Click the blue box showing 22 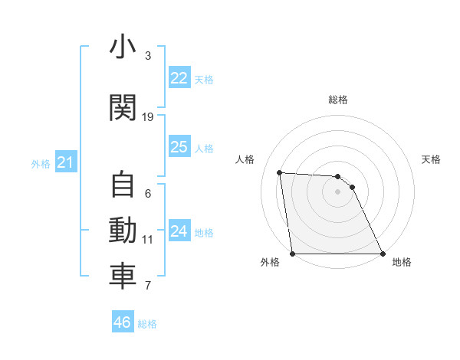coord(179,78)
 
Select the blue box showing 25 coord(179,147)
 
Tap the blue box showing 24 coord(179,231)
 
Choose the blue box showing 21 coord(65,162)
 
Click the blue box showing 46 coord(123,322)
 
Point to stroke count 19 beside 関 coord(148,117)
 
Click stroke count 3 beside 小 coord(148,56)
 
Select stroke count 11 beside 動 coord(148,240)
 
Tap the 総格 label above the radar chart coord(337,100)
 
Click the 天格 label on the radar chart coord(432,159)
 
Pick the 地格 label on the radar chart coord(402,262)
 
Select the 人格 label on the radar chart coord(245,159)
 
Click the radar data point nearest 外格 coord(292,254)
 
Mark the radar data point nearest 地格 coord(383,254)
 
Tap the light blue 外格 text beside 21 coord(40,163)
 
